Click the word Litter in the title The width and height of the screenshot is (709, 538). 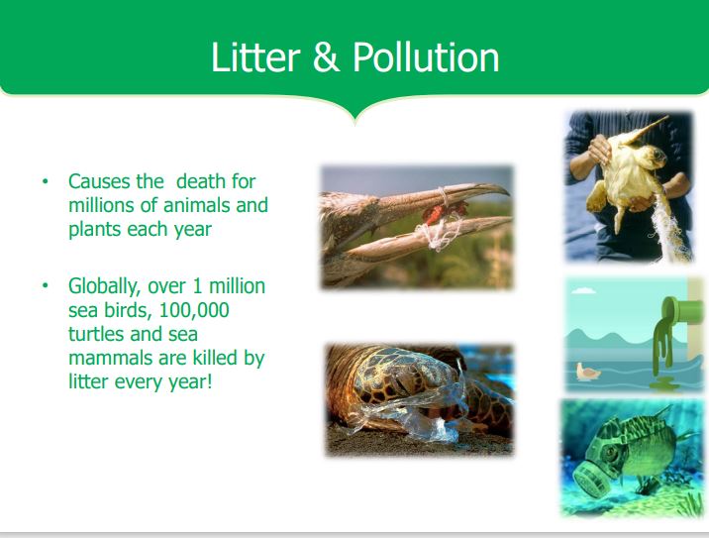pyautogui.click(x=255, y=57)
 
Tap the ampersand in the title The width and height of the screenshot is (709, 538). pyautogui.click(x=326, y=57)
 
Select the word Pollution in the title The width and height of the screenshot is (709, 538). pyautogui.click(x=426, y=57)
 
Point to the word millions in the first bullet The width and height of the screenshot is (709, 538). pyautogui.click(x=101, y=205)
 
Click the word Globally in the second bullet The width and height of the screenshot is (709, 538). pyautogui.click(x=104, y=287)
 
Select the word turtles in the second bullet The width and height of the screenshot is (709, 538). pyautogui.click(x=96, y=334)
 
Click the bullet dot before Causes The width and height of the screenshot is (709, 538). pyautogui.click(x=45, y=182)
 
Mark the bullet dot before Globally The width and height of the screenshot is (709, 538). pyautogui.click(x=45, y=286)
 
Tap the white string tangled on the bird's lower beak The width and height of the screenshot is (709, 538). pyautogui.click(x=438, y=235)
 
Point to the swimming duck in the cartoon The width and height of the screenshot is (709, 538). pyautogui.click(x=588, y=372)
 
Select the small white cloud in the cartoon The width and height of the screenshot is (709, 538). pyautogui.click(x=584, y=290)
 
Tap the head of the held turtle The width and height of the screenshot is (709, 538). pyautogui.click(x=656, y=157)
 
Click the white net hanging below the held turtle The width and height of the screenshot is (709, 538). pyautogui.click(x=670, y=226)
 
